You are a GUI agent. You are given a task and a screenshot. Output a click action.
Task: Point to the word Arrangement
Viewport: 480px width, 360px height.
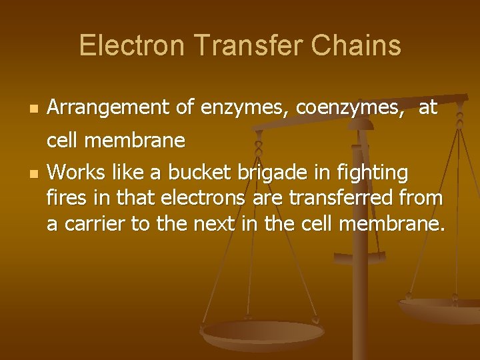click(x=110, y=107)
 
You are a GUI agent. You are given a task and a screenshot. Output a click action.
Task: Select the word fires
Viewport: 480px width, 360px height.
click(x=65, y=199)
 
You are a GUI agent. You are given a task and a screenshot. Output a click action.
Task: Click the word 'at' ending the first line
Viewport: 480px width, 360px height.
click(x=428, y=107)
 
